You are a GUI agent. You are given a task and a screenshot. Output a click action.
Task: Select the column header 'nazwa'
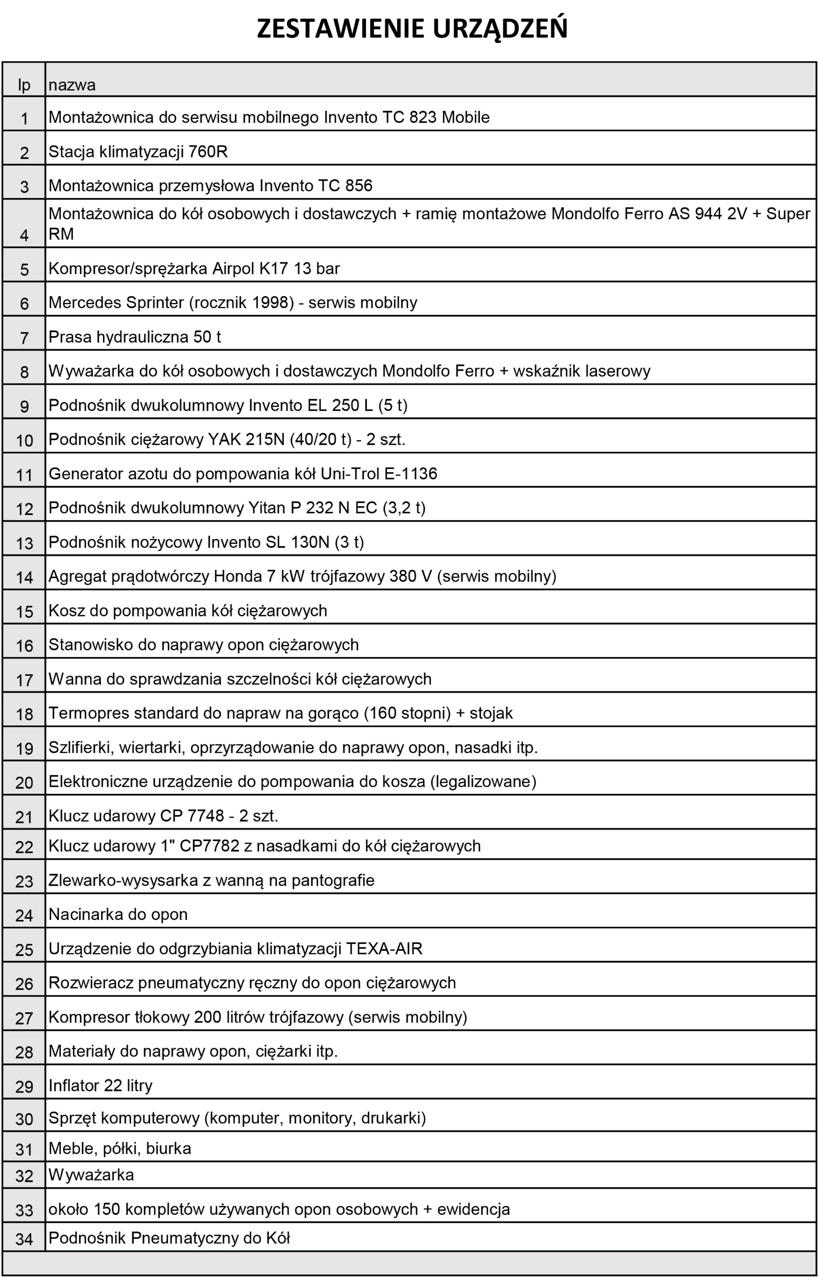[72, 85]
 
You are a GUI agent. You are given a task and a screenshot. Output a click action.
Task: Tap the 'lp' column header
[24, 85]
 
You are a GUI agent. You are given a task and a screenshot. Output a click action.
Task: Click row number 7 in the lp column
[24, 338]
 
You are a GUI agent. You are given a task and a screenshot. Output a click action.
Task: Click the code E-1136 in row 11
[410, 474]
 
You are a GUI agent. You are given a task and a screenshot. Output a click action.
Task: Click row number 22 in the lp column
[24, 847]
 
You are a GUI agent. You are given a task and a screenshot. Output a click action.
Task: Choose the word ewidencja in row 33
[473, 1210]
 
